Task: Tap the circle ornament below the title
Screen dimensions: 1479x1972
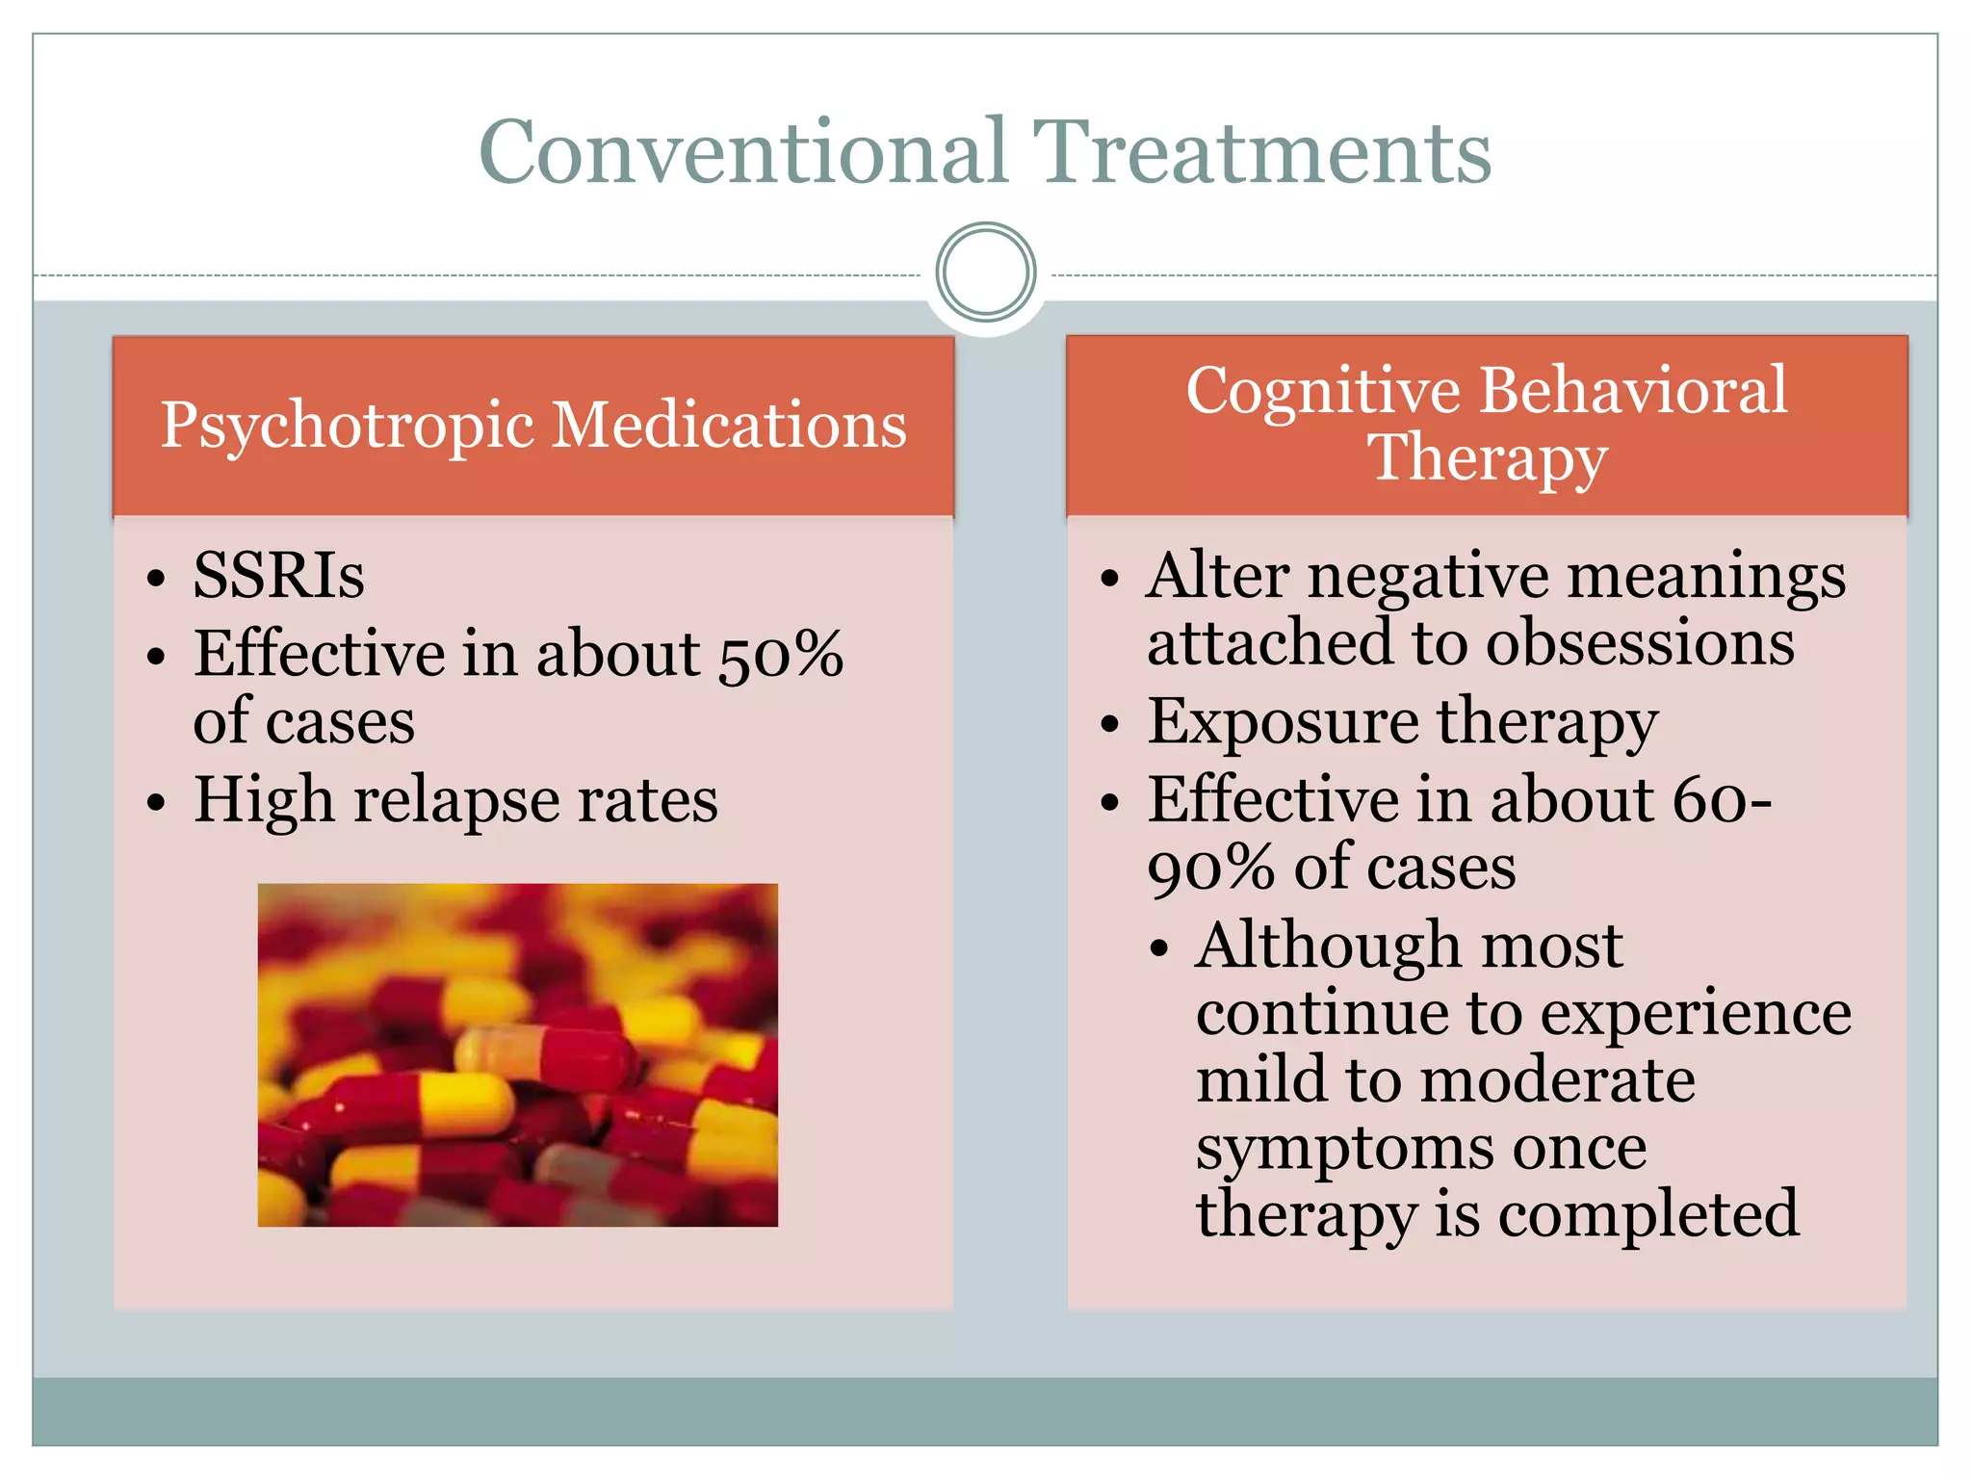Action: pos(986,272)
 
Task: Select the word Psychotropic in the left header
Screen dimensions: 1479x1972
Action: pos(347,426)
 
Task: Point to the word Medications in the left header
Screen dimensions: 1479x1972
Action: pos(730,426)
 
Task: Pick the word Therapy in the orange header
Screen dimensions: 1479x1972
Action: pos(1488,457)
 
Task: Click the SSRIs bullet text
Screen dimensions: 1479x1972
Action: pos(279,576)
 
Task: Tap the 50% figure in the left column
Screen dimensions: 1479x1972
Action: pos(781,655)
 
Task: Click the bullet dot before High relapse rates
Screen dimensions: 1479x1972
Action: pos(156,802)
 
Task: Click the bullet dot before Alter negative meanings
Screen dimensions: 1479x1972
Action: pos(1110,578)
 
